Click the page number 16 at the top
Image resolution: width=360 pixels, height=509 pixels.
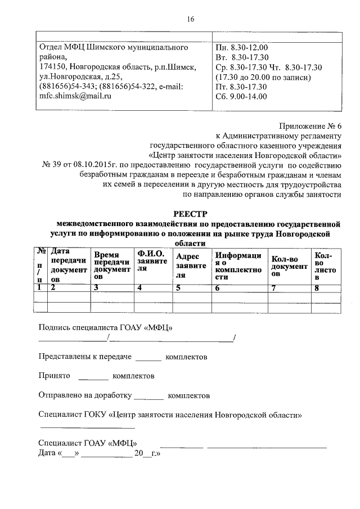click(x=190, y=19)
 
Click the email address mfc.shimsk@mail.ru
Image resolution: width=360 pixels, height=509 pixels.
click(x=75, y=96)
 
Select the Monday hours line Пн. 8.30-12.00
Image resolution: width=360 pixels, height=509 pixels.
click(x=241, y=47)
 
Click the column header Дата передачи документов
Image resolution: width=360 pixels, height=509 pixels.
click(x=69, y=265)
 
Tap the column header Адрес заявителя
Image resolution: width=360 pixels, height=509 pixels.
click(x=191, y=265)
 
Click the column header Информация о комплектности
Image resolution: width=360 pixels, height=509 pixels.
click(x=238, y=265)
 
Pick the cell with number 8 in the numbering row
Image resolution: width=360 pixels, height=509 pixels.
click(x=317, y=288)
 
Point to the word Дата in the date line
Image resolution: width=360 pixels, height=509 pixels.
click(x=47, y=453)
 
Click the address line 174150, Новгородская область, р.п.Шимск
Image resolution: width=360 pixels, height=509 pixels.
click(x=117, y=67)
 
